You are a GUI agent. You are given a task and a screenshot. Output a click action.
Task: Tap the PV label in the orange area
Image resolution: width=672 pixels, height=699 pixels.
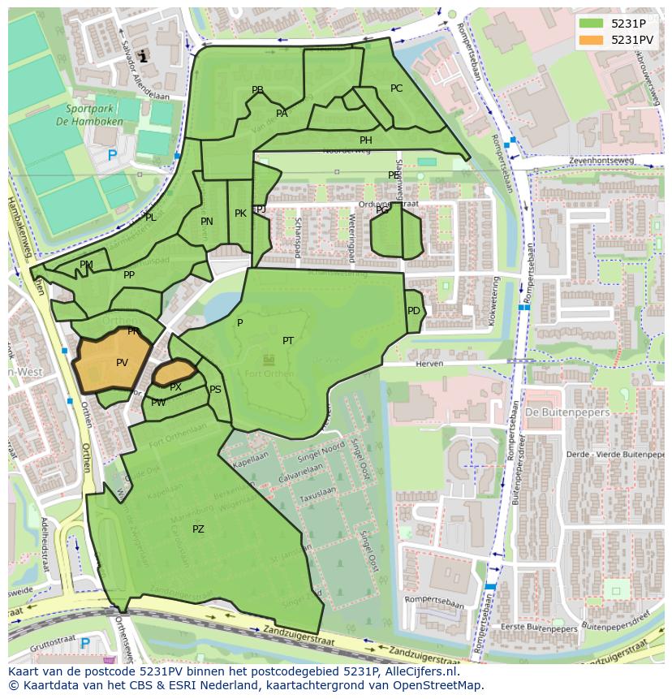tap(122, 363)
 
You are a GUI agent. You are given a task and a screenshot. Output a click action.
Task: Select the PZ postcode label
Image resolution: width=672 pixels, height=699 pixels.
tap(198, 529)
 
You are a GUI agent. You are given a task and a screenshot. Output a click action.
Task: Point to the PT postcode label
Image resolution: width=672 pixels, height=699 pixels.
tap(288, 341)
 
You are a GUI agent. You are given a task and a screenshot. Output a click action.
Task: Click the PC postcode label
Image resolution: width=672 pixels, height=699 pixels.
tap(396, 88)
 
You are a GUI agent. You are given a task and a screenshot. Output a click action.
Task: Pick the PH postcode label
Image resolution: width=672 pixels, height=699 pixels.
tap(366, 140)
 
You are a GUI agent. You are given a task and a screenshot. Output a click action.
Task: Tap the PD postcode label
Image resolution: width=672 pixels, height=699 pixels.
tap(414, 311)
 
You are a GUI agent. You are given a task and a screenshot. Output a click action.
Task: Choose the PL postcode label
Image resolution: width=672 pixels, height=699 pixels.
tap(150, 218)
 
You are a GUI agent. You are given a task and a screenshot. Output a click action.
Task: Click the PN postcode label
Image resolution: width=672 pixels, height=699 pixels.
tap(207, 222)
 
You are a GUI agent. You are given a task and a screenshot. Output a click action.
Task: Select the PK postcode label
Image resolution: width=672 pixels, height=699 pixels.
tap(240, 214)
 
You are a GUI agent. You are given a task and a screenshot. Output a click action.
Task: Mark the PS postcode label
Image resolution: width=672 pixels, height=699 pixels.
tap(215, 390)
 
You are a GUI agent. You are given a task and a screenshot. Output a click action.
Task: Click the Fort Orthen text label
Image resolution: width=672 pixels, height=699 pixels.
tap(269, 373)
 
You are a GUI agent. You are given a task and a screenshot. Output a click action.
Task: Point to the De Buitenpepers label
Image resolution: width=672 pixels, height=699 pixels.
tap(555, 412)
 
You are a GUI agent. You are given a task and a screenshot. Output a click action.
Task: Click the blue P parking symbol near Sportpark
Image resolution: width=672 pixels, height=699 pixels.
tap(112, 155)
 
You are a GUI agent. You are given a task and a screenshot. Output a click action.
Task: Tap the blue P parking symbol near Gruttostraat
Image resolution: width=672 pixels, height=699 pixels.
tap(85, 644)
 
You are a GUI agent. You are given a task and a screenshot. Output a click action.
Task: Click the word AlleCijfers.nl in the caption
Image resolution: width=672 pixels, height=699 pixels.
tap(419, 671)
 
